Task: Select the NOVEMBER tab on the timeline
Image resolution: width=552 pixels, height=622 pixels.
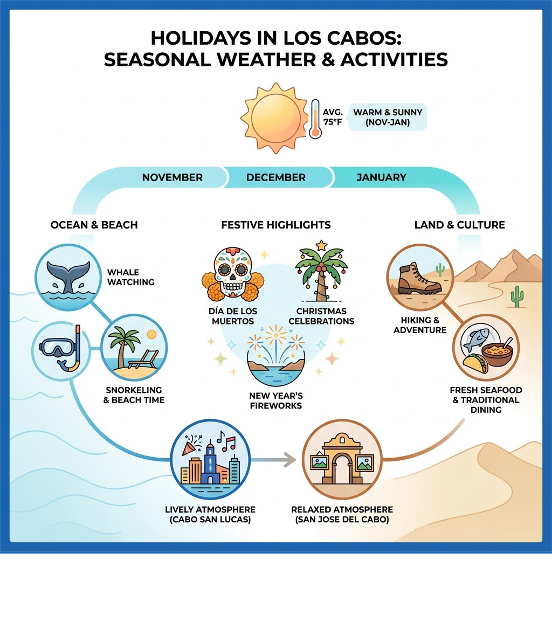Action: coord(172,177)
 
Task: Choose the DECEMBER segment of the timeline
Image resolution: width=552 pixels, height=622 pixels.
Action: coord(275,177)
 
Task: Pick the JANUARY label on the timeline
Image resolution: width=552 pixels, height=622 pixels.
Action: coord(381,177)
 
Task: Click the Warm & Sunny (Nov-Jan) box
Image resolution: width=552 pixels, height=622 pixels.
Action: coord(388,117)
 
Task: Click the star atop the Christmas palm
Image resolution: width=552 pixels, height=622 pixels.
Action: coord(322,245)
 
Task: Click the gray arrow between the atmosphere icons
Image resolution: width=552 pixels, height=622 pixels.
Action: coord(275,460)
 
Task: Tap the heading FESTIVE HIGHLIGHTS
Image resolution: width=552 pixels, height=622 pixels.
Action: coord(275,225)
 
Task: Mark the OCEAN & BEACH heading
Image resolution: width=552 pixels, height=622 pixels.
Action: coord(94,225)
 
